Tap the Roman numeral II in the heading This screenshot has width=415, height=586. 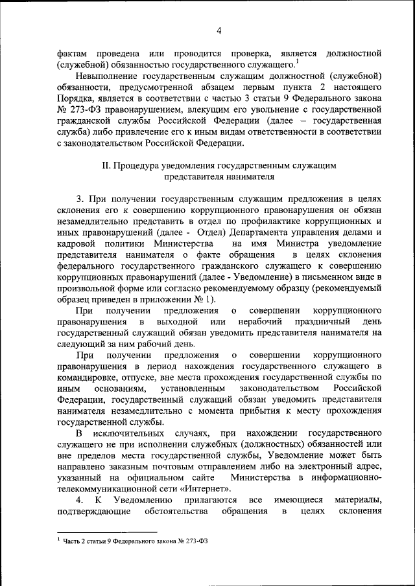click(107, 165)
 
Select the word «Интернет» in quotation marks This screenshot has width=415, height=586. click(206, 489)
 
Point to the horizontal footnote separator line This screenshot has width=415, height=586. click(107, 532)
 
